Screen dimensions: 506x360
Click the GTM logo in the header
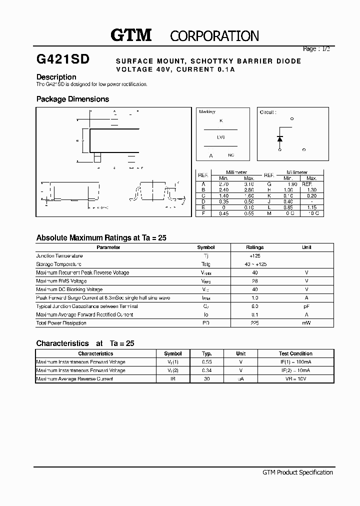(131, 35)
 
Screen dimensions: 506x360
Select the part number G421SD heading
(63, 59)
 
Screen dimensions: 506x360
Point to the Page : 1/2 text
(316, 48)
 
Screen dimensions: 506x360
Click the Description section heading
(56, 77)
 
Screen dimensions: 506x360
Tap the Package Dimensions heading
(72, 99)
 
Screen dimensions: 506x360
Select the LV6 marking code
(220, 136)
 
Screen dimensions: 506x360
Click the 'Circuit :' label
(268, 112)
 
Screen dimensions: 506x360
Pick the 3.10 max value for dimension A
(249, 184)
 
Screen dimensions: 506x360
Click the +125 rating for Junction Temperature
(254, 256)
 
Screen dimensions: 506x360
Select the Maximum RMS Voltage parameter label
(61, 281)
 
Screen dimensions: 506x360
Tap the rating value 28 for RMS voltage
(254, 281)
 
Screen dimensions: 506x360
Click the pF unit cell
(306, 306)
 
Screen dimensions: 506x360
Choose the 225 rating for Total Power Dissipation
(254, 323)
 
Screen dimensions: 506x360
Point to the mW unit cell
(306, 323)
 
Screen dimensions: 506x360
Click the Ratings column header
(254, 247)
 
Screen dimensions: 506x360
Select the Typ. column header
(206, 353)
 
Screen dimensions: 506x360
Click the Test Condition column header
(295, 353)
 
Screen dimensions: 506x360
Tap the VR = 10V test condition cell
(295, 379)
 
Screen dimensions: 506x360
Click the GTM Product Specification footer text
(297, 472)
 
